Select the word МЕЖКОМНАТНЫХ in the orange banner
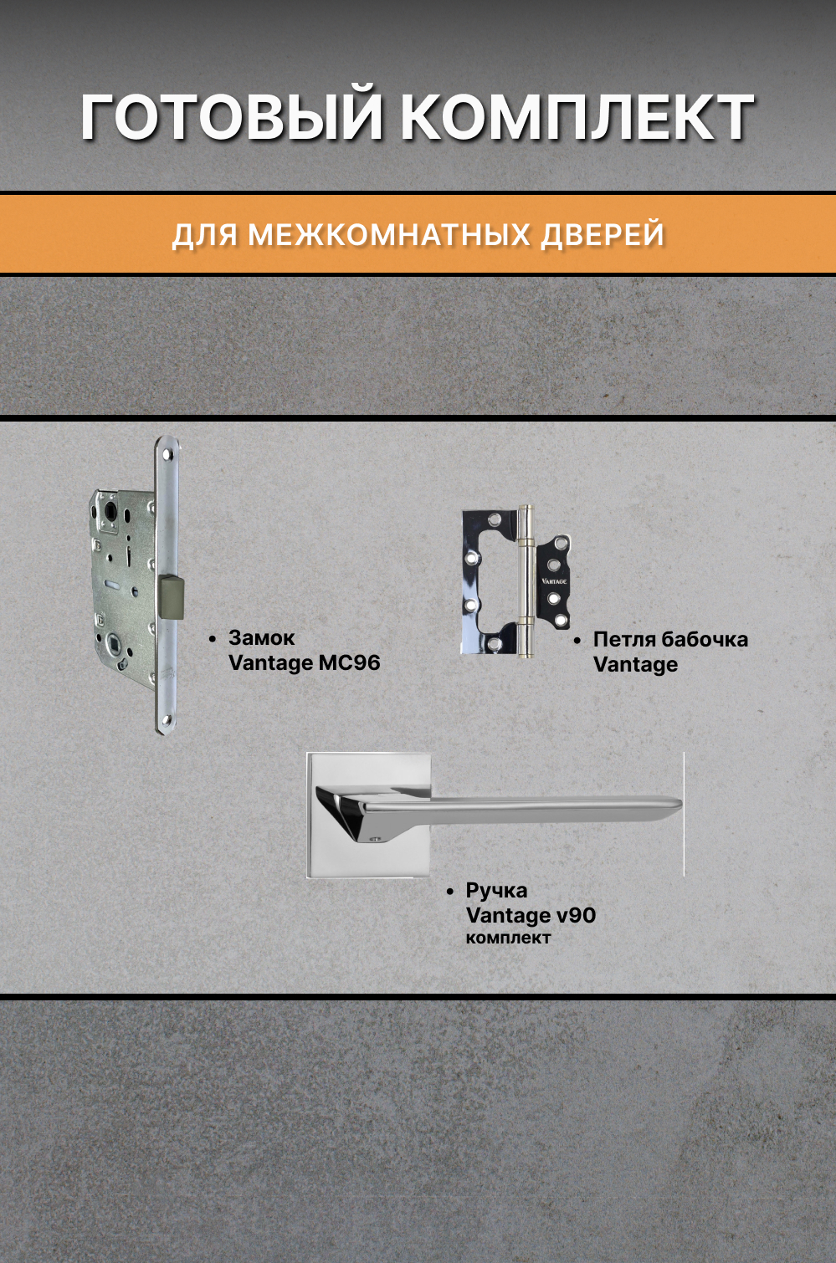tap(389, 235)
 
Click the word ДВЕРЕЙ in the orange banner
tap(603, 235)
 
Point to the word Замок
tap(261, 638)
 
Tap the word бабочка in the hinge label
tap(704, 640)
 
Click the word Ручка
tap(496, 891)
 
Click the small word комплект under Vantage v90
tap(508, 938)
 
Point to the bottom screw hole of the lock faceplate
tap(167, 718)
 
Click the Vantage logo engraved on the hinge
tap(554, 580)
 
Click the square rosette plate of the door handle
tap(368, 845)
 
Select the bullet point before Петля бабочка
tap(577, 641)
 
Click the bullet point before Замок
tap(213, 639)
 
